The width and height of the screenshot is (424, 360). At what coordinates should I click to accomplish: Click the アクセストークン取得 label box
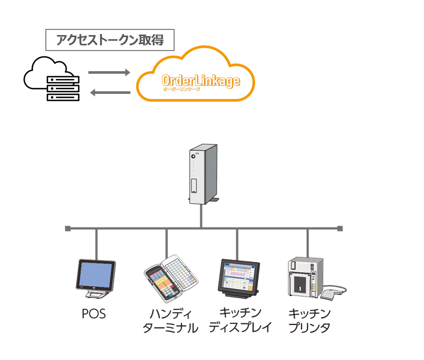pyautogui.click(x=110, y=40)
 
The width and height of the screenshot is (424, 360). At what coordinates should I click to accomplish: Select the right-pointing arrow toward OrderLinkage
pyautogui.click(x=109, y=73)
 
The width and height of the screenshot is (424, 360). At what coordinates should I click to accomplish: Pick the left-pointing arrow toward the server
pyautogui.click(x=109, y=93)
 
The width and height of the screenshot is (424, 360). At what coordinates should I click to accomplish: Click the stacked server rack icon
pyautogui.click(x=63, y=88)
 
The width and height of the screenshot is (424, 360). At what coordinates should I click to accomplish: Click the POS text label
pyautogui.click(x=94, y=314)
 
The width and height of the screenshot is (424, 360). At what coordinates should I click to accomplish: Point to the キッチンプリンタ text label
pyautogui.click(x=309, y=320)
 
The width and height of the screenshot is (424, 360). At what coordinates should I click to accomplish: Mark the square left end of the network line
pyautogui.click(x=67, y=227)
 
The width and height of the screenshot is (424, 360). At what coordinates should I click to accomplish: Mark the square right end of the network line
pyautogui.click(x=340, y=227)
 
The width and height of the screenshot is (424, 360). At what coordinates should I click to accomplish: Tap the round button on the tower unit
pyautogui.click(x=193, y=156)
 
